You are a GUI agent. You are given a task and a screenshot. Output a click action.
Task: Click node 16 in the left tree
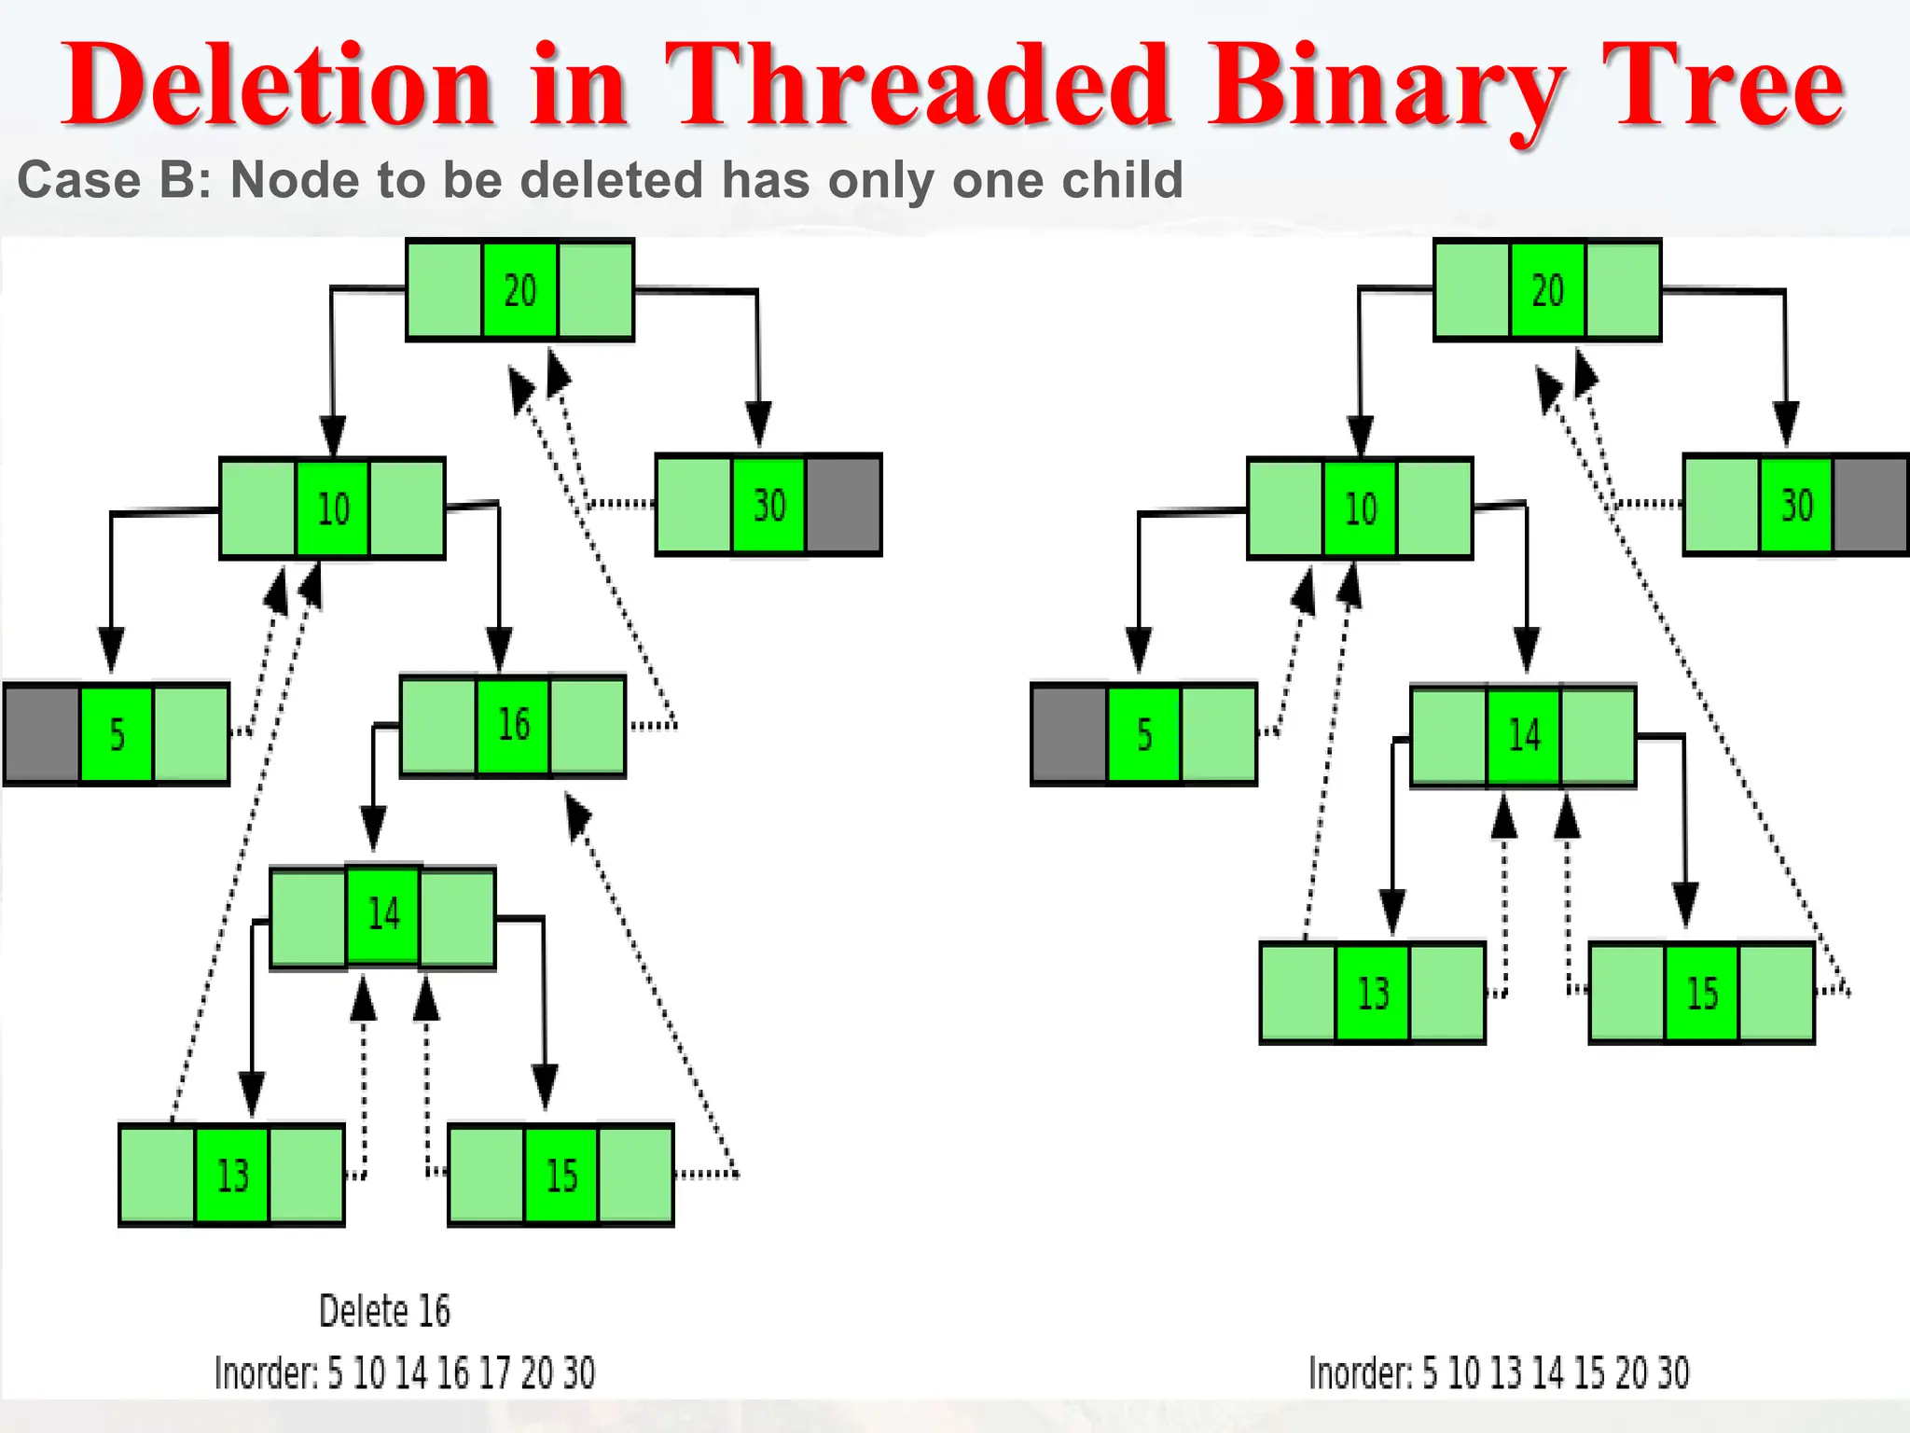[513, 726]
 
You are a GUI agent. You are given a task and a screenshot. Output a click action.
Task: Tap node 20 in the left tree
[520, 290]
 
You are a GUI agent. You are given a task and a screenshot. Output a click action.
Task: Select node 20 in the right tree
[1547, 290]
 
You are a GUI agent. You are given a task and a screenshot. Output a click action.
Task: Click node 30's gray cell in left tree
[843, 506]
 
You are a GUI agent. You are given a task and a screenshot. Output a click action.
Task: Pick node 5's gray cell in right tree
[1070, 735]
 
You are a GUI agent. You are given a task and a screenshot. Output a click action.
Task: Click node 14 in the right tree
[1524, 736]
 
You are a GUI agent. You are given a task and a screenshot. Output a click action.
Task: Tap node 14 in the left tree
[383, 914]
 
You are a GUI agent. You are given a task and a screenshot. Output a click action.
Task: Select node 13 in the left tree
[232, 1176]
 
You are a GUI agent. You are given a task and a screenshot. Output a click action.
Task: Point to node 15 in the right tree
[1702, 994]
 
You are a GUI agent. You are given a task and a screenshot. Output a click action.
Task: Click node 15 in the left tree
[561, 1176]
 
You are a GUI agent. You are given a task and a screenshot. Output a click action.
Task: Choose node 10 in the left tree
[333, 509]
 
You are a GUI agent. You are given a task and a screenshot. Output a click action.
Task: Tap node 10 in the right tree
[1361, 509]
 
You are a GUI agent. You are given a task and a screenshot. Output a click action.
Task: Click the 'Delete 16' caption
[384, 1312]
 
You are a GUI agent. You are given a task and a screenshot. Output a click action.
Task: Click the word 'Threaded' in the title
[919, 86]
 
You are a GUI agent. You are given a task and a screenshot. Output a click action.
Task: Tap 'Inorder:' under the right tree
[1361, 1373]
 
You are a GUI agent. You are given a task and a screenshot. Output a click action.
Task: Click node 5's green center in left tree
[117, 735]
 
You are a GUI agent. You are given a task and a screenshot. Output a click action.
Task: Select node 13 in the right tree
[1373, 994]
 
